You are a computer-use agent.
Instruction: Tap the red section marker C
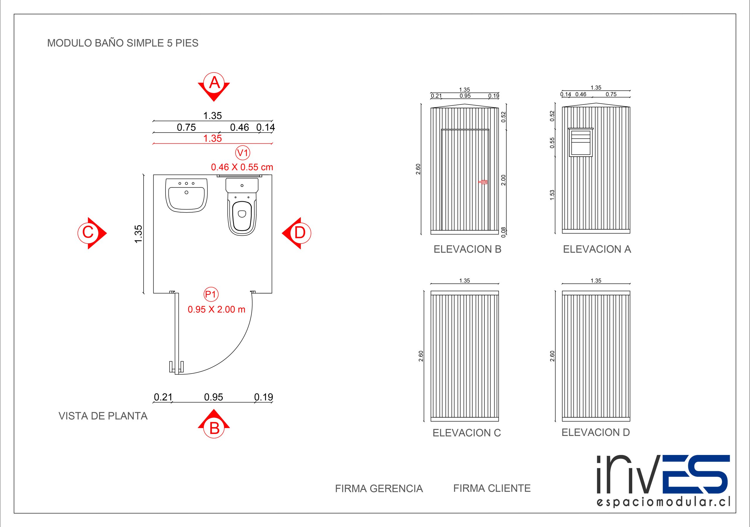88,233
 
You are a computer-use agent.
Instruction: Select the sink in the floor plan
187,195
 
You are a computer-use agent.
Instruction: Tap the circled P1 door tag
211,295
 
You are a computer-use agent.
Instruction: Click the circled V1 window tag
243,153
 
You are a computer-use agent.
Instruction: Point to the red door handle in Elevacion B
483,182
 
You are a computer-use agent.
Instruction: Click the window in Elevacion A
580,142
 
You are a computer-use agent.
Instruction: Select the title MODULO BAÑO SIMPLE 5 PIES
122,43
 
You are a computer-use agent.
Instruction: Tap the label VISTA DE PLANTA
103,416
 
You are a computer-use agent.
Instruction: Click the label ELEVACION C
466,433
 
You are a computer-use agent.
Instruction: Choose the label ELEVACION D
596,432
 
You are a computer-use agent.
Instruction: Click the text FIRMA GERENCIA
379,488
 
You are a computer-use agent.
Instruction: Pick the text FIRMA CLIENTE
492,488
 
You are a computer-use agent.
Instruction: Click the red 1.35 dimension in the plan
212,138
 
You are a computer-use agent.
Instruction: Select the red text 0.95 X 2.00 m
216,309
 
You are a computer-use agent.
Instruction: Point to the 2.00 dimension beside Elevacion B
503,180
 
